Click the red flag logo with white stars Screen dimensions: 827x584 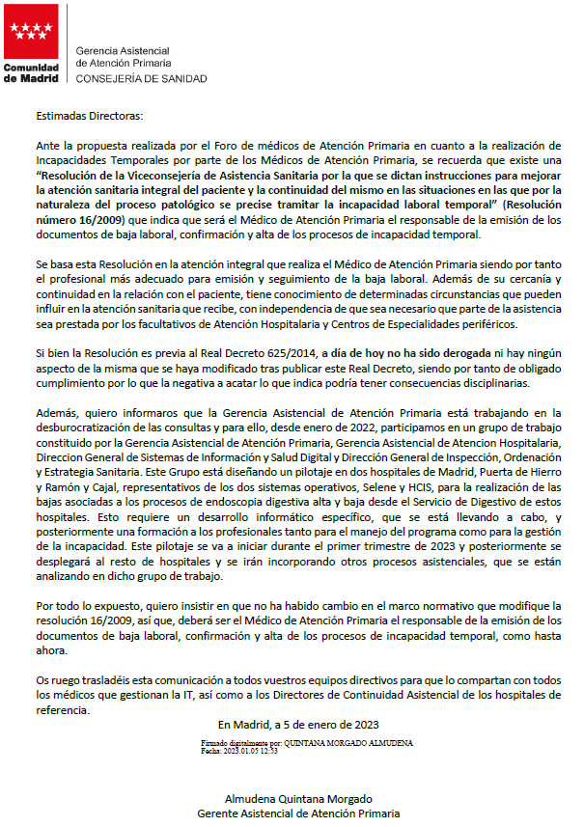tap(31, 32)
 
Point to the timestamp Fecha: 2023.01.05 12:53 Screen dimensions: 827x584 tap(239, 750)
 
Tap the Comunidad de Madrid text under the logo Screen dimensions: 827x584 tap(31, 72)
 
